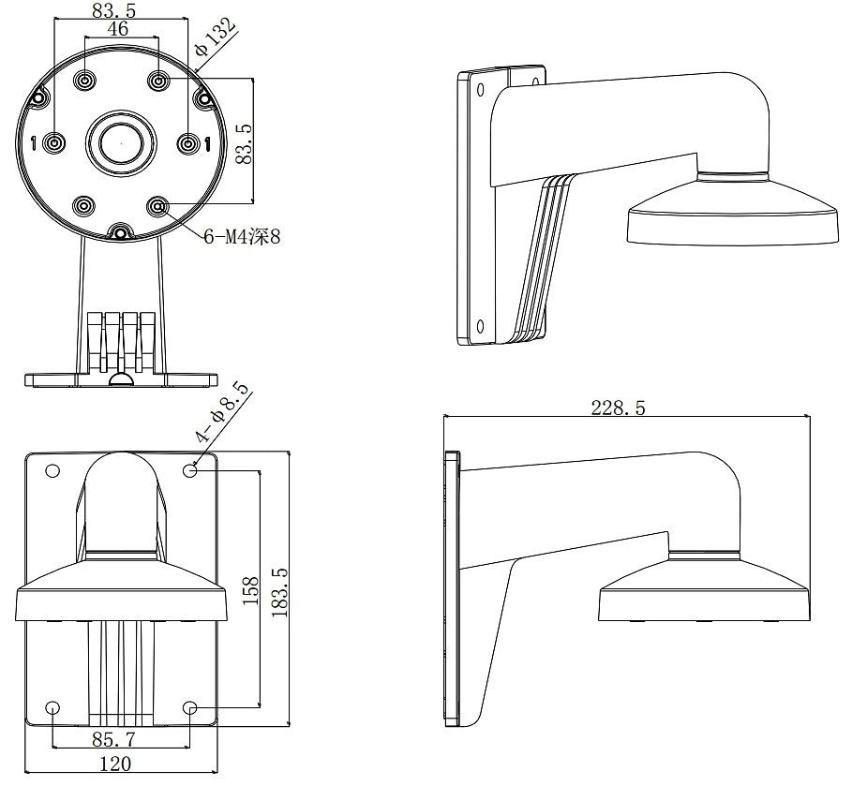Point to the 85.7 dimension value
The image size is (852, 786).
113,738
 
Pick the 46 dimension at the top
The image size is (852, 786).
119,29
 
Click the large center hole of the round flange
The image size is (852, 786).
120,143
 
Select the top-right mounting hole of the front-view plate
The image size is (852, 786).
191,469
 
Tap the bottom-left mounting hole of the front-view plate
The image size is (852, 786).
53,708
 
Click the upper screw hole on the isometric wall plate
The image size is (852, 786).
480,90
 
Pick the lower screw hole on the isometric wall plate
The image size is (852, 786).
480,326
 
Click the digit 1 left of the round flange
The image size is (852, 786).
34,143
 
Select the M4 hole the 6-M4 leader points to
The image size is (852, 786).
157,204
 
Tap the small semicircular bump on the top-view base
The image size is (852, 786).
120,379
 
